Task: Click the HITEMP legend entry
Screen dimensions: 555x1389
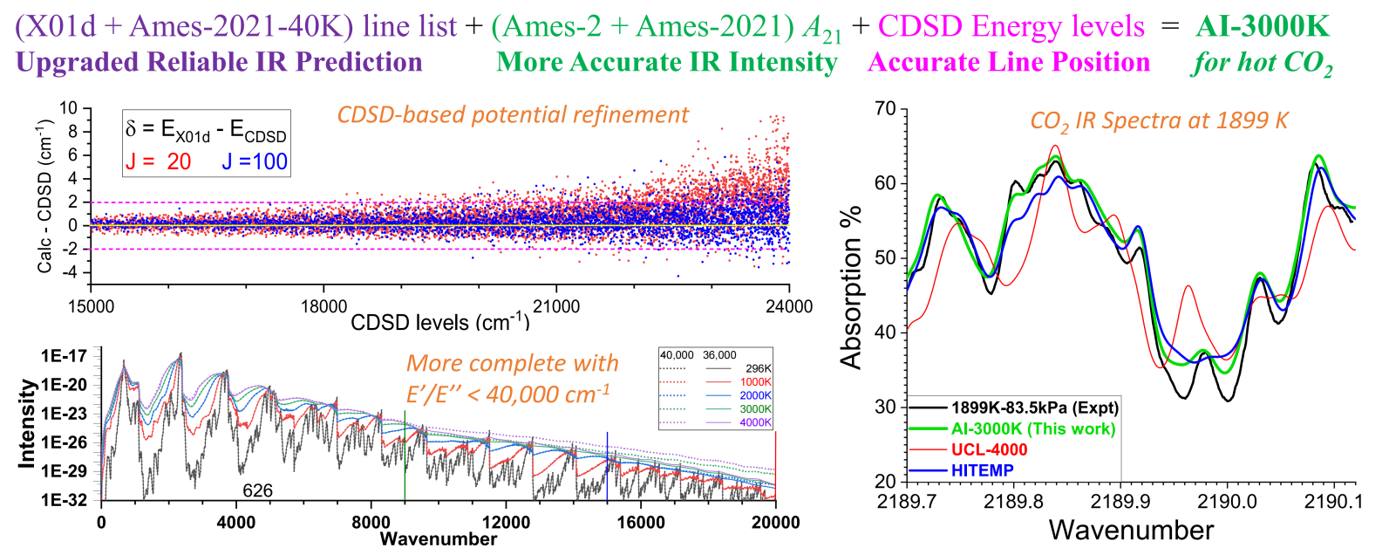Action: (982, 470)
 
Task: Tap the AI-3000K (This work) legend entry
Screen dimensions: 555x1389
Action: (1032, 428)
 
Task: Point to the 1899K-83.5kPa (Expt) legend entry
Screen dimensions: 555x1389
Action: (1034, 408)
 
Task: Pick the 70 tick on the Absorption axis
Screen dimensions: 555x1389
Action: (885, 109)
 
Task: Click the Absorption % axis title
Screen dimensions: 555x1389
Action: (851, 288)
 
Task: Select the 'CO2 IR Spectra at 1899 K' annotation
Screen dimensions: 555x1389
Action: (1159, 121)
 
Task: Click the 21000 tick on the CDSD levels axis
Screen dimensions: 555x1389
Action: (556, 306)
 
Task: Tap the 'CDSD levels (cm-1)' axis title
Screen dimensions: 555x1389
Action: (440, 322)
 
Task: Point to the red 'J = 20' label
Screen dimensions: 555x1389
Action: (158, 161)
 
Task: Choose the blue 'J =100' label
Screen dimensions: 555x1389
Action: (254, 161)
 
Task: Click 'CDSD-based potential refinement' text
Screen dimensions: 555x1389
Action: (513, 114)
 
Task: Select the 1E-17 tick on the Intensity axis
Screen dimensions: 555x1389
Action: (65, 356)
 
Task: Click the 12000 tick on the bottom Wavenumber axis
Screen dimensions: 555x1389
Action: (506, 523)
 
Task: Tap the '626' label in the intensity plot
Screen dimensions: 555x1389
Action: (257, 490)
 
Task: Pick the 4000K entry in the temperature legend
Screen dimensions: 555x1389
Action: (756, 422)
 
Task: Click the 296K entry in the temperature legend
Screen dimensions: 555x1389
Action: (759, 368)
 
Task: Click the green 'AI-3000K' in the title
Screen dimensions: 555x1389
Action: (1263, 26)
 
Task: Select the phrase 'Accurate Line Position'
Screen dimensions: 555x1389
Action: (1009, 62)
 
